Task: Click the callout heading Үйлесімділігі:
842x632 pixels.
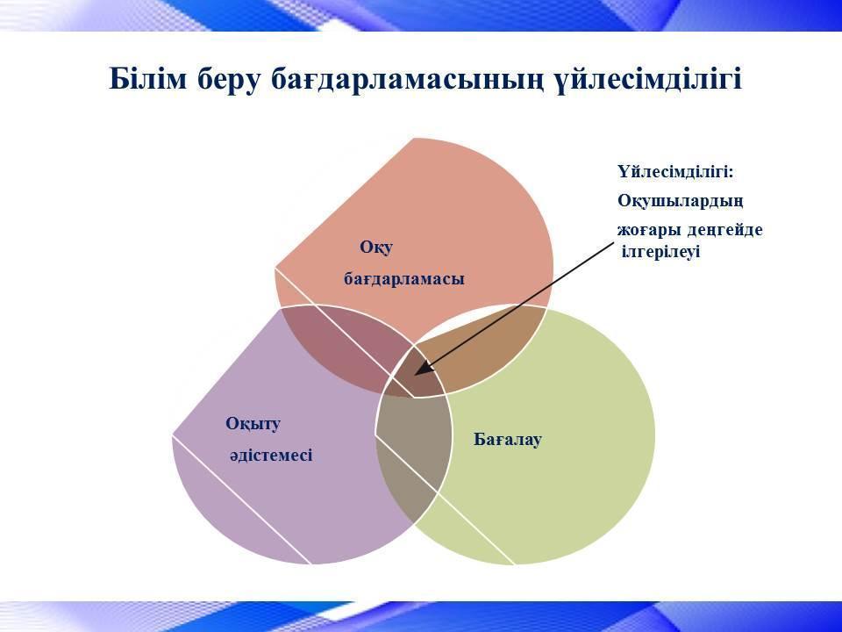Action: pos(675,173)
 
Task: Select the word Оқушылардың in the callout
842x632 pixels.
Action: pos(681,202)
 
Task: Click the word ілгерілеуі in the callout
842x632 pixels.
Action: pos(660,252)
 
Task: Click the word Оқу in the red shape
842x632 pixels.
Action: pos(376,248)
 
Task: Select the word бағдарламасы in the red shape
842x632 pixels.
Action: pos(403,279)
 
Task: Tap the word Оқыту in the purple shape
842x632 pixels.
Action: pos(253,424)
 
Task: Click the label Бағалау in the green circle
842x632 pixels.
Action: pos(508,440)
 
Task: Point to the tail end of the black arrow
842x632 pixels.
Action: pos(612,243)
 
